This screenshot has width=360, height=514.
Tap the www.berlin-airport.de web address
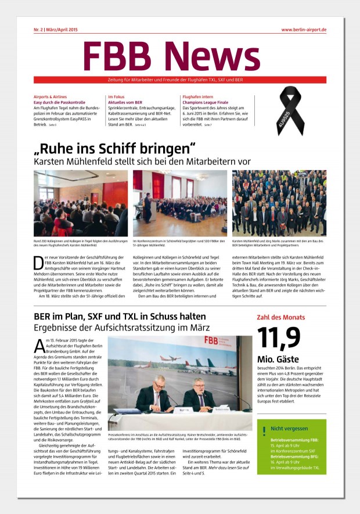303,29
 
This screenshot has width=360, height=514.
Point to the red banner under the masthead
180,80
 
